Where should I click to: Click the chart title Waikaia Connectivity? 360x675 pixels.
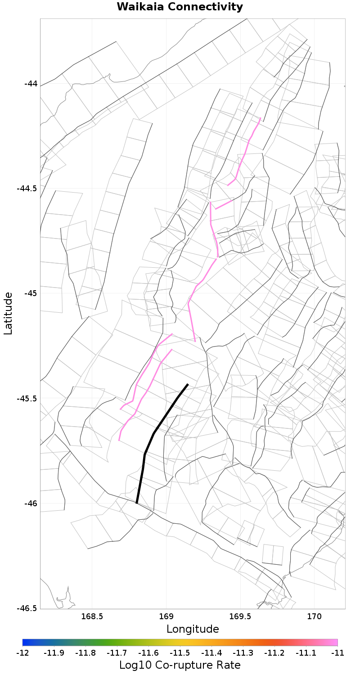point(180,7)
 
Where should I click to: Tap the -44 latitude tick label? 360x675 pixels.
point(31,84)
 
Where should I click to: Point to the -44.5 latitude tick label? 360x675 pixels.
point(27,189)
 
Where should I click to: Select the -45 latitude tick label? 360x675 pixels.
point(31,293)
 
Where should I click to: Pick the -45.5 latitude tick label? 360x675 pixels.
point(27,398)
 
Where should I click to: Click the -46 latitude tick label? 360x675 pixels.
point(31,503)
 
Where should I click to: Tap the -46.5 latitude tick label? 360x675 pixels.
point(27,608)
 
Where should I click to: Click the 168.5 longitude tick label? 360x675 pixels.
point(92,616)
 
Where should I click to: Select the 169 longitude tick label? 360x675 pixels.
point(166,616)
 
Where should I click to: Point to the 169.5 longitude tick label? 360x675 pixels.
point(240,616)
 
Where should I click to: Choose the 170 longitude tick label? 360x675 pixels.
point(314,616)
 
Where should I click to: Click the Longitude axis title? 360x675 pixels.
point(193,629)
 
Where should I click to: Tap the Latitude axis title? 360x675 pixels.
point(8,313)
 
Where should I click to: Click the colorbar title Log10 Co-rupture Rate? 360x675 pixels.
point(180,665)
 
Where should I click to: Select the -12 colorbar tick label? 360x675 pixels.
point(22,652)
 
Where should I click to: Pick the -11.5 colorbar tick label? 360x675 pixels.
point(180,652)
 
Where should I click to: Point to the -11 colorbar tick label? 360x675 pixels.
point(337,652)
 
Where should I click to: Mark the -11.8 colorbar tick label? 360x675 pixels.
point(85,652)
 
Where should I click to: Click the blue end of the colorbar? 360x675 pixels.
point(25,643)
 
